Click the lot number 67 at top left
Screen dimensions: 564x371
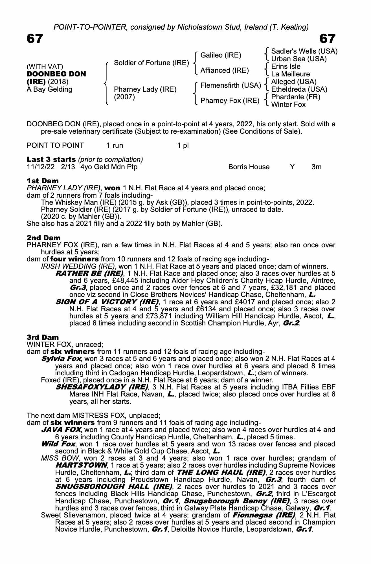[x=35, y=39]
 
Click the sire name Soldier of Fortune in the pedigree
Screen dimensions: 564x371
[x=151, y=63]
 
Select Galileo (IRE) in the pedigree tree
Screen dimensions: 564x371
[x=221, y=55]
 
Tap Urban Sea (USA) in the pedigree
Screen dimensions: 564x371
[x=299, y=59]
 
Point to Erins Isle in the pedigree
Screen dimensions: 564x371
[x=286, y=67]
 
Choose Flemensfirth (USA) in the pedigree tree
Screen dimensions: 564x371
[x=230, y=85]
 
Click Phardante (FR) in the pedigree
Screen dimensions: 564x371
[x=295, y=97]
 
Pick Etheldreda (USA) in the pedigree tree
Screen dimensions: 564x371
[x=299, y=89]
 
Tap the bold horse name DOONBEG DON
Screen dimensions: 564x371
[x=56, y=74]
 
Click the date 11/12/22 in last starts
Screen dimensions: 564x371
[x=41, y=167]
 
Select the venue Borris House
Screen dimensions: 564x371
[x=249, y=167]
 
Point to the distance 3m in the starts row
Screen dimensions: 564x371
[x=316, y=167]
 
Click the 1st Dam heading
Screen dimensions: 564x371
[x=43, y=181]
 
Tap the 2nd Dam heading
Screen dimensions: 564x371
[x=43, y=238]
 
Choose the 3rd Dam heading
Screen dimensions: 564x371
[x=43, y=337]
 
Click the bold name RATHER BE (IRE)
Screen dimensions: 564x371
[x=89, y=273]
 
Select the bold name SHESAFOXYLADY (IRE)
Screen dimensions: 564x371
[x=102, y=387]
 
